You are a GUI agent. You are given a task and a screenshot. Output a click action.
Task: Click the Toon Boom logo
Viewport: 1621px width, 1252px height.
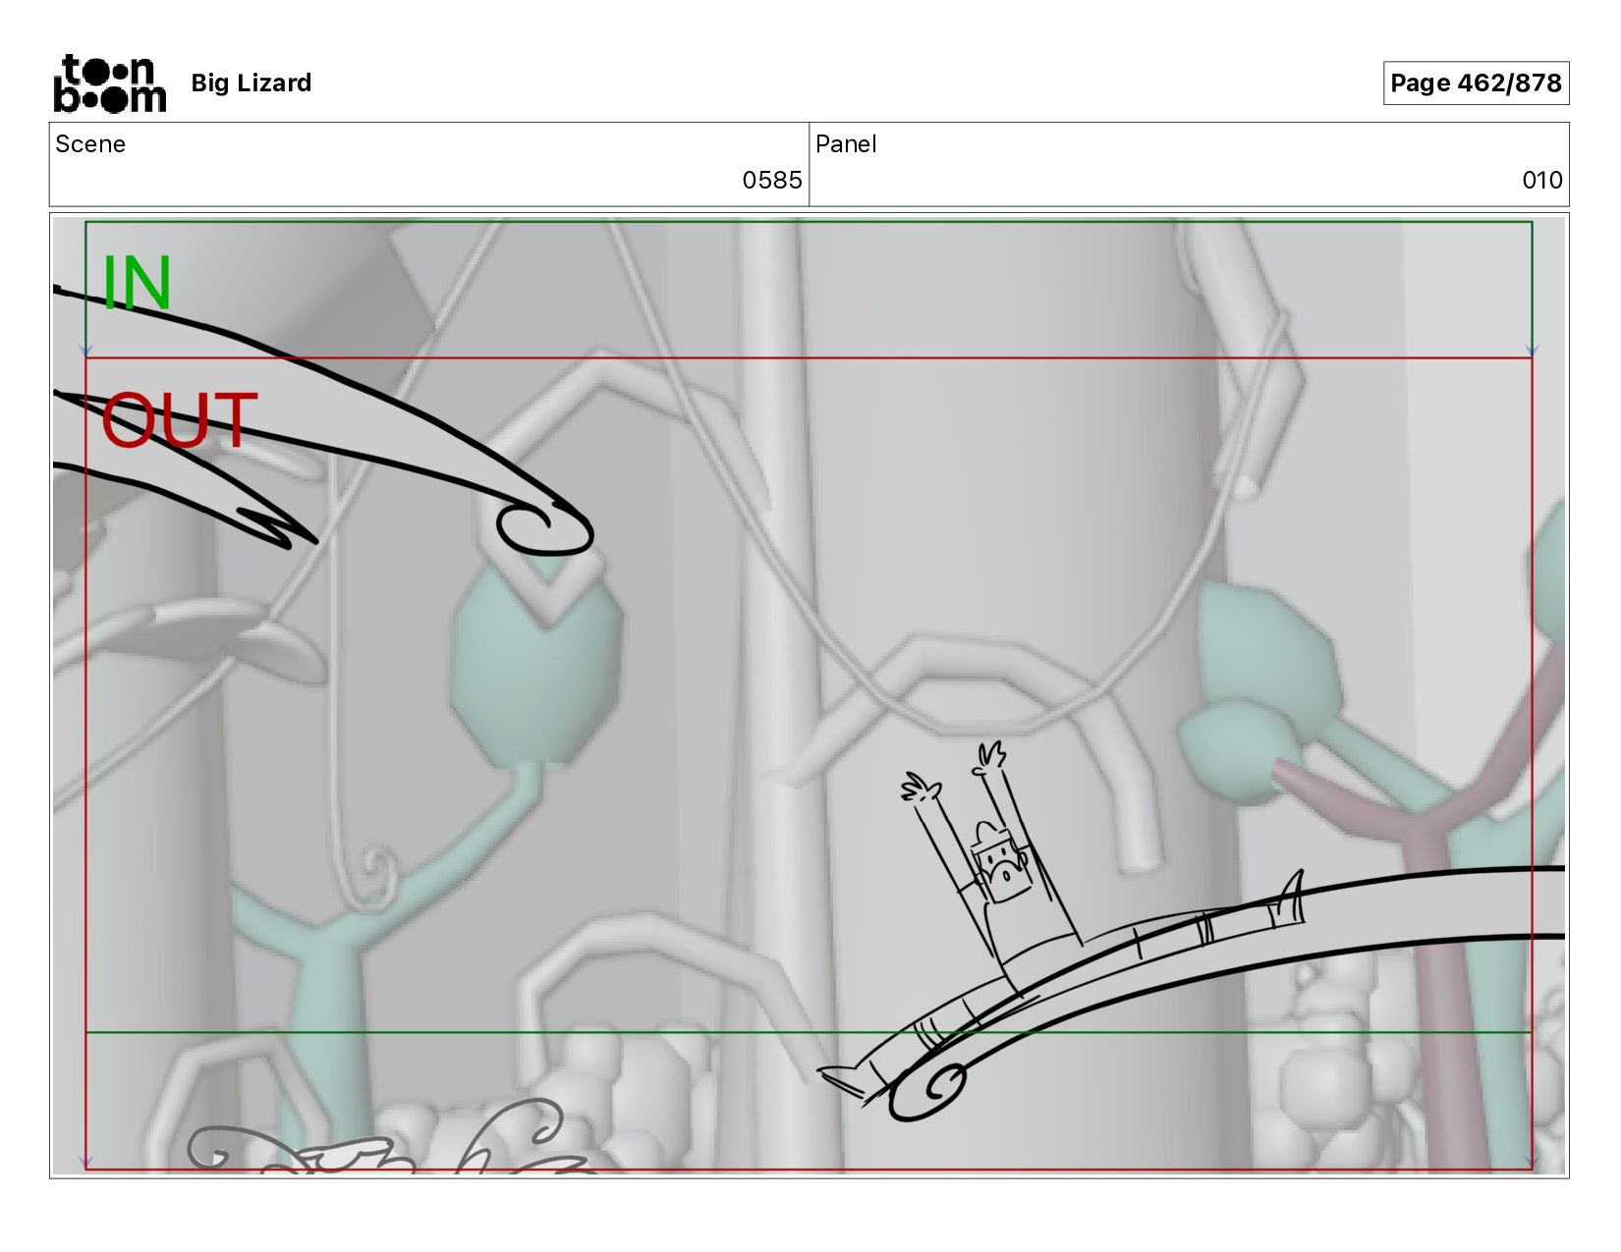(x=110, y=83)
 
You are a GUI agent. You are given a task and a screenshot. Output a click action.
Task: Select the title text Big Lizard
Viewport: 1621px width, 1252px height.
(x=252, y=82)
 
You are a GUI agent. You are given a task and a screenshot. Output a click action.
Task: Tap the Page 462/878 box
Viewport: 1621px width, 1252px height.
(x=1476, y=82)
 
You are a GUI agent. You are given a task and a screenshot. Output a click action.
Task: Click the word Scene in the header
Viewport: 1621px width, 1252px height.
(x=90, y=144)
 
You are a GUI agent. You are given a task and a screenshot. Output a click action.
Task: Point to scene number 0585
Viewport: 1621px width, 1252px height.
(x=772, y=180)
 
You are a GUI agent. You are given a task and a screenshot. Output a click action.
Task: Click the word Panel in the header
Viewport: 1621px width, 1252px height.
(x=846, y=144)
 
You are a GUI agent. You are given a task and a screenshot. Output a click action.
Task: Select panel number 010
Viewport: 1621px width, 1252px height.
(x=1542, y=180)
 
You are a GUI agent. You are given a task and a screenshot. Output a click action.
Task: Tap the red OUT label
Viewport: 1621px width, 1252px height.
(x=179, y=419)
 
